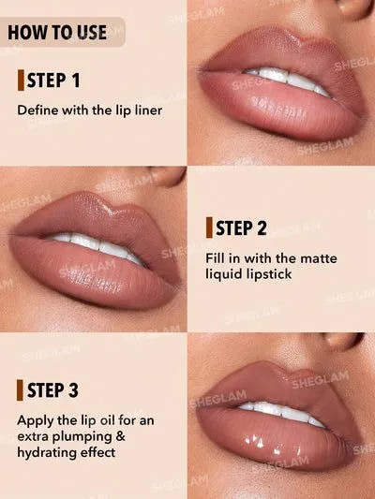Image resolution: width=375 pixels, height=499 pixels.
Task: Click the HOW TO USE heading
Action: (57, 33)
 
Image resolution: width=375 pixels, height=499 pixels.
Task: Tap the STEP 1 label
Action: (53, 81)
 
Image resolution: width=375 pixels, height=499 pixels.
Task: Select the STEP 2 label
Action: (241, 227)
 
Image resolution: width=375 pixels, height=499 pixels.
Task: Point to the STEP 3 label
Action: (52, 390)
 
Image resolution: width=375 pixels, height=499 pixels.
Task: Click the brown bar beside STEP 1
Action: (21, 81)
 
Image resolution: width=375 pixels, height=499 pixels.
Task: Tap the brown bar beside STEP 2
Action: (209, 227)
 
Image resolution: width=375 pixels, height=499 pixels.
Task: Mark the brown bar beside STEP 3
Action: (20, 390)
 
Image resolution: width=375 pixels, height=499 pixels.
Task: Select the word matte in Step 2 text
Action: (319, 258)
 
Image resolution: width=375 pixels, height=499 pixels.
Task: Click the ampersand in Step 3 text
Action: (120, 436)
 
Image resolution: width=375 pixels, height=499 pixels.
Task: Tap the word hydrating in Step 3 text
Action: (47, 452)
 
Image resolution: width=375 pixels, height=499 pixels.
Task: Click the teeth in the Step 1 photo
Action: (289, 81)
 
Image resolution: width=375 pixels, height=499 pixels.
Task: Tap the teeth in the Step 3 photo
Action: (282, 412)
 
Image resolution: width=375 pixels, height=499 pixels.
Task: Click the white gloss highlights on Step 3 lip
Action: (273, 446)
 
